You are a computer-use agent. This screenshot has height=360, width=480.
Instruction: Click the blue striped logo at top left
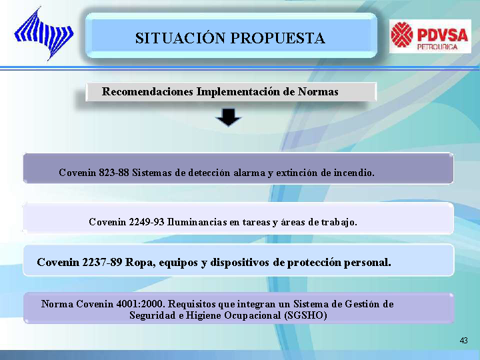pyautogui.click(x=44, y=34)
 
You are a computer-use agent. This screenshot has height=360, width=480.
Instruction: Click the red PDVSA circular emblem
pyautogui.click(x=402, y=35)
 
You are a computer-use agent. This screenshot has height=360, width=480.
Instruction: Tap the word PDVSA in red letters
pyautogui.click(x=443, y=34)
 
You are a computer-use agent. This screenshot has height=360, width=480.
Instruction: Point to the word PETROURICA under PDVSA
pyautogui.click(x=437, y=47)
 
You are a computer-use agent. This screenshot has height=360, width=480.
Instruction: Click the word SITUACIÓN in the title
pyautogui.click(x=180, y=38)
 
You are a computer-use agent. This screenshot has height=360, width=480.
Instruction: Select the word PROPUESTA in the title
pyautogui.click(x=277, y=38)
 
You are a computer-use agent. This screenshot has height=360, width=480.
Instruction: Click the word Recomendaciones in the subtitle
pyautogui.click(x=147, y=91)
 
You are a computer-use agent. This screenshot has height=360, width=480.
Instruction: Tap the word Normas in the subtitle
pyautogui.click(x=318, y=91)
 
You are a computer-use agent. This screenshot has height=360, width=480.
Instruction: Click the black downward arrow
pyautogui.click(x=229, y=117)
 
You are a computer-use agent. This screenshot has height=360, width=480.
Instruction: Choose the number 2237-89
pyautogui.click(x=102, y=263)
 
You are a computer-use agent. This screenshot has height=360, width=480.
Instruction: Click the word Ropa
pyautogui.click(x=140, y=263)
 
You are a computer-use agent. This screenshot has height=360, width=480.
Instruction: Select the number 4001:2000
pyautogui.click(x=141, y=304)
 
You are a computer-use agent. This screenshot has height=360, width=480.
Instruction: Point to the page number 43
pyautogui.click(x=464, y=341)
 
